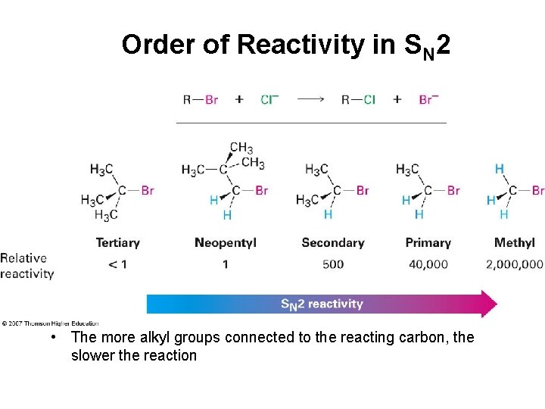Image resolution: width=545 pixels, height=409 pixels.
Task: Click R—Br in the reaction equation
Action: pos(200,99)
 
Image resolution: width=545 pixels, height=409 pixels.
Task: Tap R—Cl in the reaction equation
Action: pos(358,99)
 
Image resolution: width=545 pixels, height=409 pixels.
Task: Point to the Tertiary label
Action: pos(117,243)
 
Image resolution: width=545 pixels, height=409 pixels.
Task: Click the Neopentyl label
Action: pos(225,243)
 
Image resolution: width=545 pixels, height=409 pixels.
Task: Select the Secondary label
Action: pos(332,243)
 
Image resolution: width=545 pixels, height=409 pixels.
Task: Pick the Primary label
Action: pos(428,243)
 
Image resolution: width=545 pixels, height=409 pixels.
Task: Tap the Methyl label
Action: pos(514,243)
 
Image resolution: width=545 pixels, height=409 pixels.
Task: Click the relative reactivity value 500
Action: pos(332,264)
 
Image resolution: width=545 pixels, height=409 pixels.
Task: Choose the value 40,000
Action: pos(428,264)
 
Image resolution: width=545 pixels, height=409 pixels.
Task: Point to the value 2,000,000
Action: pos(514,264)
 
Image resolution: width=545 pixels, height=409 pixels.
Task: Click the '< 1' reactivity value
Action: pos(117,264)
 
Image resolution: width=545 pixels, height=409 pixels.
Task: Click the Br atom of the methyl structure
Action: pos(537,191)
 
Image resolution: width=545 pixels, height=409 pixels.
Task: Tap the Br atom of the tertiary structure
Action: pos(147,191)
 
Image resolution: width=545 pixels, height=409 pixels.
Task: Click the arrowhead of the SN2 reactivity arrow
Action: pos(488,304)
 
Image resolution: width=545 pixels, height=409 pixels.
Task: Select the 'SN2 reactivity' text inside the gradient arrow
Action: pos(322,304)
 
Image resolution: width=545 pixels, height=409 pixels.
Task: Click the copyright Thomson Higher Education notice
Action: pos(50,323)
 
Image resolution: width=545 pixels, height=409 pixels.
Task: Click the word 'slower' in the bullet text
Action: pos(93,355)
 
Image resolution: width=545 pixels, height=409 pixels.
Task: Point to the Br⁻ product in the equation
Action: pos(428,99)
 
